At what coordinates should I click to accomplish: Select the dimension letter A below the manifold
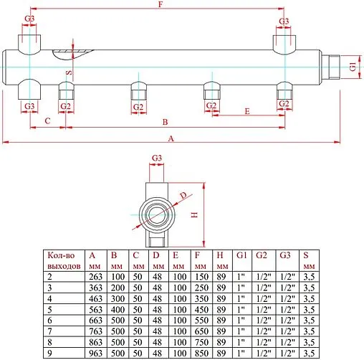[170, 136]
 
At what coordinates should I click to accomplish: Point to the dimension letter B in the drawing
[165, 121]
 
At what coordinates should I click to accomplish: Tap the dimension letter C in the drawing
[47, 121]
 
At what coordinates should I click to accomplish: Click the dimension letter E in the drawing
[246, 112]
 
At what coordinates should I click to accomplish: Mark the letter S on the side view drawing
[69, 73]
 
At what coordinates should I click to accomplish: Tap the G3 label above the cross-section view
[157, 157]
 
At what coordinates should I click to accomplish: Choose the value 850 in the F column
[202, 352]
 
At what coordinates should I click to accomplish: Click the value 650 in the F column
[202, 331]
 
